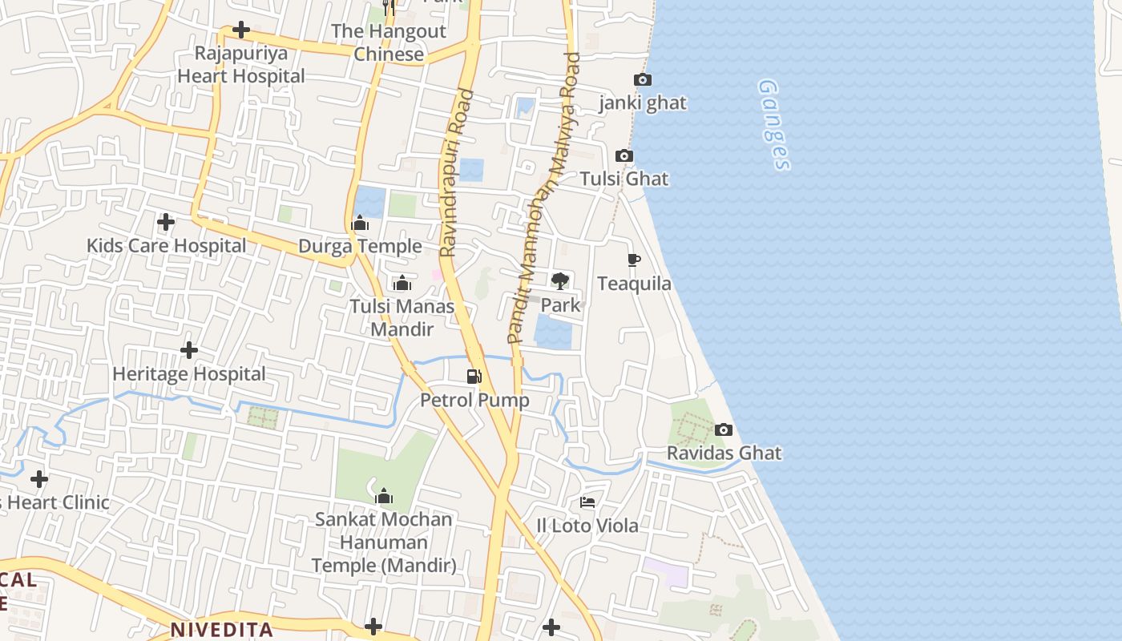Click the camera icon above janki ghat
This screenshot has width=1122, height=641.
[642, 79]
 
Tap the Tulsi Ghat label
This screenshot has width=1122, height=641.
[624, 179]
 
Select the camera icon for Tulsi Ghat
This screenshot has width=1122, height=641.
[624, 156]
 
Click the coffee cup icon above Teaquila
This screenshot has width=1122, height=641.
[633, 260]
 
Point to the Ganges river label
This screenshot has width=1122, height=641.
[773, 124]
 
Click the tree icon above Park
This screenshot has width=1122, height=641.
[559, 280]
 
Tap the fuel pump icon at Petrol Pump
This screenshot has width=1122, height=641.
[474, 376]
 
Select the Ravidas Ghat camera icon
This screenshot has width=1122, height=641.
[723, 430]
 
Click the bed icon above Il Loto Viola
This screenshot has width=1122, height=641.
[587, 502]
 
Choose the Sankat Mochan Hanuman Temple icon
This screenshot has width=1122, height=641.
[384, 497]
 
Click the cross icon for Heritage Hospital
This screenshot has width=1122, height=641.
[189, 350]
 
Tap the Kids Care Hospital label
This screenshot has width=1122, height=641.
[167, 246]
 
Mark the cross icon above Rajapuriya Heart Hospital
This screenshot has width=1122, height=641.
[240, 30]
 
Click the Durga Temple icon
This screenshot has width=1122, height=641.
[360, 222]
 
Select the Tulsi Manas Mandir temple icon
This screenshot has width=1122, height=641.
[402, 283]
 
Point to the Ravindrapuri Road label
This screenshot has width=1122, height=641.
[456, 173]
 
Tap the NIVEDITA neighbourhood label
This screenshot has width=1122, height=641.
[221, 629]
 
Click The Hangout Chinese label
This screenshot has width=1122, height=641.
[389, 43]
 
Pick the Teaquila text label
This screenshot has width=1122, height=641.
[634, 284]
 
